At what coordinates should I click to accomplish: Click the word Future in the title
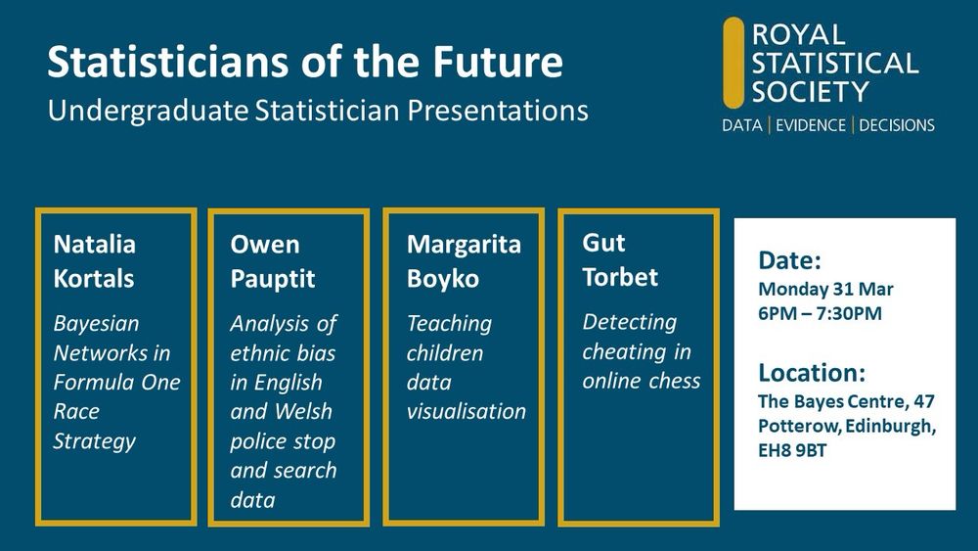pos(499,61)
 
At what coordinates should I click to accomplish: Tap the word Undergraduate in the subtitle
pos(148,111)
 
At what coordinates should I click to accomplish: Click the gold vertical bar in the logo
pos(733,63)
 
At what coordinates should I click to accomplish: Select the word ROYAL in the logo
pos(798,34)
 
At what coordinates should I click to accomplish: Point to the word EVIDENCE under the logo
pos(810,125)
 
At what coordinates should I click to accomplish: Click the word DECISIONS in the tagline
pos(896,125)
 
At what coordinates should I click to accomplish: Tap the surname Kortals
pos(94,278)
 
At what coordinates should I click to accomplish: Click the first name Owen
pos(264,244)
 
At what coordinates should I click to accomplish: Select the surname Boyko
pos(443,279)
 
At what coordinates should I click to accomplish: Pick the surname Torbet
pos(620,277)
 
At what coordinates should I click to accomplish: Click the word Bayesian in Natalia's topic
pos(96,324)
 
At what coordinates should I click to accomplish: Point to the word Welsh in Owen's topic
pos(303,411)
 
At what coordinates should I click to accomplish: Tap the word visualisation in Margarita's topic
pos(466,411)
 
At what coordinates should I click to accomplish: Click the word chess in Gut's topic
pos(673,381)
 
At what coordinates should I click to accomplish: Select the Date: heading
pos(789,260)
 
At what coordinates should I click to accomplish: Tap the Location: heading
pos(812,373)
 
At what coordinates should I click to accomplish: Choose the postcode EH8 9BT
pos(792,450)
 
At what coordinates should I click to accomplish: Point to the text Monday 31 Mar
pos(825,290)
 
